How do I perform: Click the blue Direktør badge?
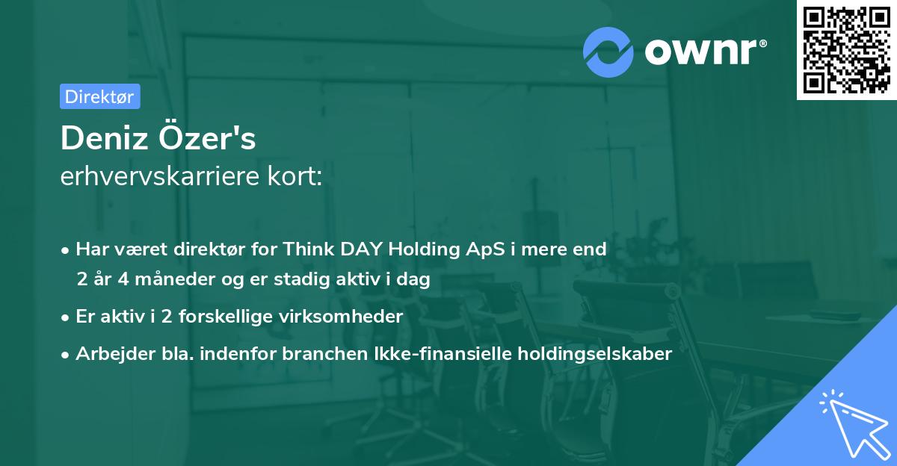(100, 96)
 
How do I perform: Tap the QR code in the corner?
(846, 50)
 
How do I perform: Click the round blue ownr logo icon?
(608, 52)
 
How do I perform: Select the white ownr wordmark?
(700, 52)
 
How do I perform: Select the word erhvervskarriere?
(160, 176)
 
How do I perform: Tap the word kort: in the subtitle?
(295, 176)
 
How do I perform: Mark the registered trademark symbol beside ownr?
(762, 43)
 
